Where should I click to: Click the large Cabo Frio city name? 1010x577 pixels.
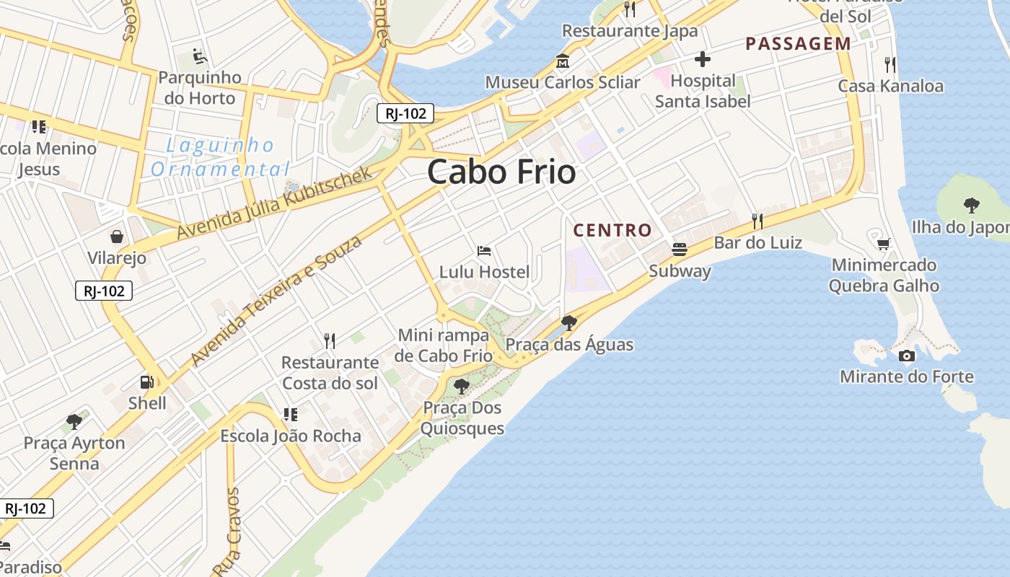tap(501, 172)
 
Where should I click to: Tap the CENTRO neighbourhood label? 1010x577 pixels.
tap(612, 231)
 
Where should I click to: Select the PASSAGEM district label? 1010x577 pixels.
tap(798, 44)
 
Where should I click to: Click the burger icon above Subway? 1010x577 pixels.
tap(679, 250)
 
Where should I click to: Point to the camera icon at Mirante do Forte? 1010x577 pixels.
tap(907, 356)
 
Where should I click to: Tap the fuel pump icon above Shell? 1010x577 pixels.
tap(146, 382)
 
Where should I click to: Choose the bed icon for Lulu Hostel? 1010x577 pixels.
tap(484, 251)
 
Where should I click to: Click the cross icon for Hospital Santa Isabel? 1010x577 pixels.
tap(703, 59)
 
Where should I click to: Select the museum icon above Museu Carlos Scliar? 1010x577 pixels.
tap(562, 61)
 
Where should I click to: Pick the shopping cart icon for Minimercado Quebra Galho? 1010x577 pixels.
tap(884, 244)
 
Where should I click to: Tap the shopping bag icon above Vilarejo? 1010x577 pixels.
tap(116, 237)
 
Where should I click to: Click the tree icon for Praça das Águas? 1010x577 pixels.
tap(569, 322)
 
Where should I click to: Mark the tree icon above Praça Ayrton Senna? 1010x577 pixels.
tap(74, 421)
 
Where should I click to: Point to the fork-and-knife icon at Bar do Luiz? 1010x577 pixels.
tap(757, 221)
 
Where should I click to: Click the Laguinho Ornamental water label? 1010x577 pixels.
tap(219, 157)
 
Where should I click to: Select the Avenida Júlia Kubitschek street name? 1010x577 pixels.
tap(274, 203)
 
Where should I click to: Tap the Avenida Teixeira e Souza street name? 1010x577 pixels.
tap(276, 301)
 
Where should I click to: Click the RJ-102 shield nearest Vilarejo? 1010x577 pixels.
tap(104, 291)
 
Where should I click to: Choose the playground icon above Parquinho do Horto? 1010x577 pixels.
tap(200, 56)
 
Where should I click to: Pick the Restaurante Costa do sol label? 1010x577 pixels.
tap(330, 372)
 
